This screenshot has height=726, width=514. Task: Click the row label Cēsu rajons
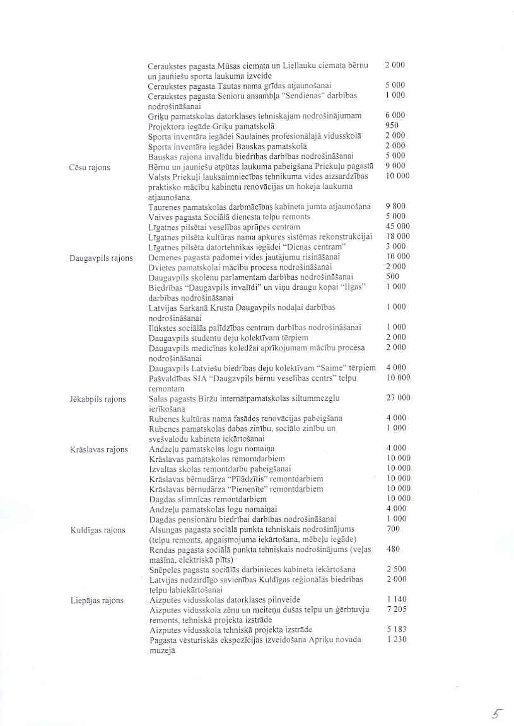(x=89, y=168)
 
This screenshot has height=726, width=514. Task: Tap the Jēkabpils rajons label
(x=98, y=400)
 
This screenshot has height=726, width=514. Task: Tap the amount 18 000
(x=397, y=236)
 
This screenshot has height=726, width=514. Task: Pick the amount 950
(x=391, y=125)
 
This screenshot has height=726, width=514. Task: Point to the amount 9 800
(x=395, y=206)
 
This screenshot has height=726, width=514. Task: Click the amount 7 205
(x=395, y=609)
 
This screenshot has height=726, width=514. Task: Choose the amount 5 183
(x=395, y=630)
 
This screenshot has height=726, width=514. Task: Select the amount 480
(x=393, y=549)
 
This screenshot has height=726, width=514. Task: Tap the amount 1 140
(x=395, y=599)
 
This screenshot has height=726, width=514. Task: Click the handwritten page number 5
(x=497, y=713)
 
